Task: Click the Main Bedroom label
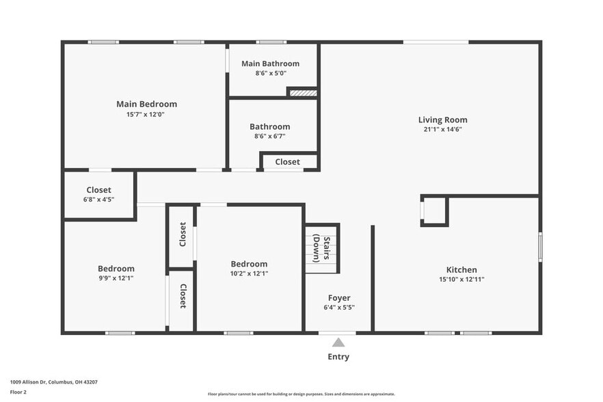point(146,104)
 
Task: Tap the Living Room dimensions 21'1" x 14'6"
point(442,129)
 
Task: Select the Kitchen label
point(461,269)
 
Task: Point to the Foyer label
point(339,297)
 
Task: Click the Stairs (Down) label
point(321,249)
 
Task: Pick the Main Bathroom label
point(270,64)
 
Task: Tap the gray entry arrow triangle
point(338,343)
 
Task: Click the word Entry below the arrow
point(338,357)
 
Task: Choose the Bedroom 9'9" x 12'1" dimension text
point(116,278)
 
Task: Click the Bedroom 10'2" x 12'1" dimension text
point(249,273)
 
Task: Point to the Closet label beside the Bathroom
point(287,162)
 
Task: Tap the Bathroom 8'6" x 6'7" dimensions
point(269,136)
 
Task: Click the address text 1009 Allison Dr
point(53,382)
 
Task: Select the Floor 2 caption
point(18,392)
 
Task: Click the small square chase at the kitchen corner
point(434,211)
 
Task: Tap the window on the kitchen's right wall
point(539,247)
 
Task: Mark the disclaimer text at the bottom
point(301,394)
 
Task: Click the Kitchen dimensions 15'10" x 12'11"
point(461,279)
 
